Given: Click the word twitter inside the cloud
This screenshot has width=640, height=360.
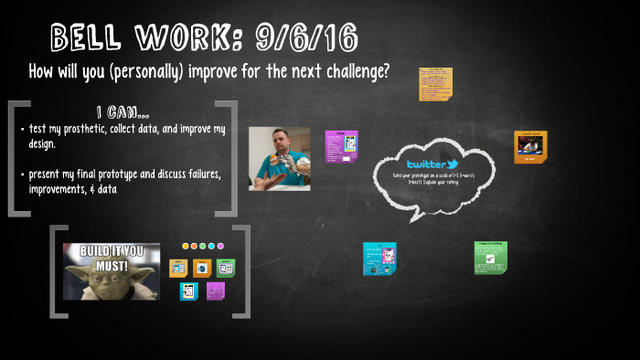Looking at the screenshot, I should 426,164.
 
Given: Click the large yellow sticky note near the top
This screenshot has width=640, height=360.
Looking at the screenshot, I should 436,84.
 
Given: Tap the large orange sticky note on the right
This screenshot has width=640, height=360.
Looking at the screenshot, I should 530,146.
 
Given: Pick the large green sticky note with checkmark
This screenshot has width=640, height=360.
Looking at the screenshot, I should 490,258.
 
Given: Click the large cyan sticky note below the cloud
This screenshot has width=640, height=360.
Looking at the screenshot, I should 379,259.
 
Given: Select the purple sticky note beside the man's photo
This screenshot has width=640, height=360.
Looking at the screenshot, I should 341,146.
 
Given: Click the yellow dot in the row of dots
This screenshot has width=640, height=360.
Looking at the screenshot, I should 186,246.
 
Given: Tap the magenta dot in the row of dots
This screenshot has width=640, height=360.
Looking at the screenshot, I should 219,246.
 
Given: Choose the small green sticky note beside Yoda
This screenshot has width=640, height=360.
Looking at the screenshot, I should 225,268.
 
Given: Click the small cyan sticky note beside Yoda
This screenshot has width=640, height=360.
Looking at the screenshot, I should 189,291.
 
